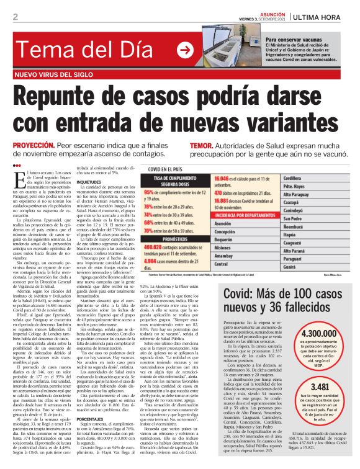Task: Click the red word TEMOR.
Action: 201,144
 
